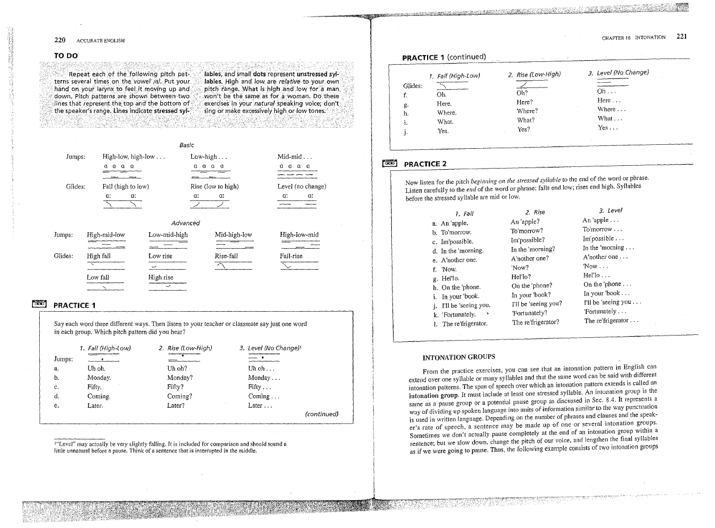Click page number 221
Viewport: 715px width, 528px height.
[681, 37]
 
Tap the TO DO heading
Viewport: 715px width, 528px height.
[66, 56]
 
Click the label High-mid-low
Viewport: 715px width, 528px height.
[106, 234]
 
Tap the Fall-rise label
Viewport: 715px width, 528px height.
[291, 256]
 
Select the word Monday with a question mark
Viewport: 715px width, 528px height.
[181, 378]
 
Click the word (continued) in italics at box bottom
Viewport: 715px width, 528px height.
[322, 414]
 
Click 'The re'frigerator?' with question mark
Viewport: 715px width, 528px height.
[536, 322]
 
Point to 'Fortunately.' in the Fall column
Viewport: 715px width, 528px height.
[458, 314]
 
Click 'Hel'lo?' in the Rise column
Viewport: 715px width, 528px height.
[521, 277]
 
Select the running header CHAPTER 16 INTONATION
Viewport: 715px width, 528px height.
[634, 38]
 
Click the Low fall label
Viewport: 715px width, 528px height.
[98, 277]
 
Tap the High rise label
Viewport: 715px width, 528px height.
[161, 277]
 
